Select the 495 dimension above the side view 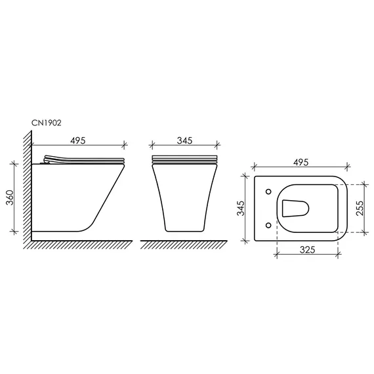[77, 140]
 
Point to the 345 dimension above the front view [184, 140]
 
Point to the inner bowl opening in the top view [295, 209]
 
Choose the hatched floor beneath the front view [184, 243]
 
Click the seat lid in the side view [85, 159]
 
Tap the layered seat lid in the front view [184, 160]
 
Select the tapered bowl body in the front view [184, 197]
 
